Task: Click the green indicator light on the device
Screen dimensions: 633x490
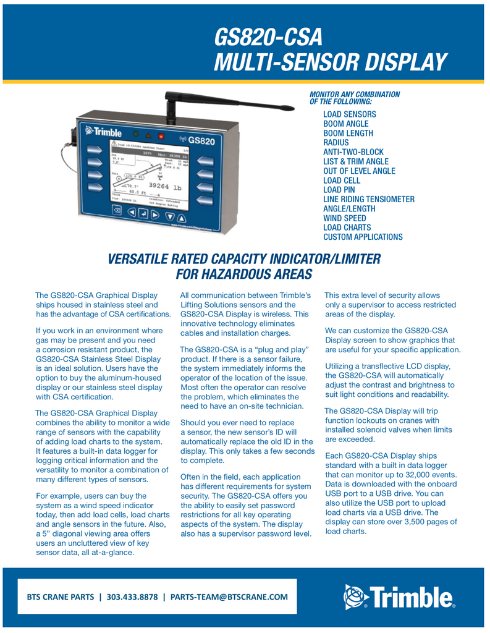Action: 135,133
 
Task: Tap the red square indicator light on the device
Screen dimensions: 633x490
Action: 161,135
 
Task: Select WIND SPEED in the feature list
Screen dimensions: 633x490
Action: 345,218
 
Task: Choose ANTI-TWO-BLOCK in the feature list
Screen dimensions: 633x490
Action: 353,152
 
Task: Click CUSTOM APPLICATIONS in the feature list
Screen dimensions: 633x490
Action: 363,237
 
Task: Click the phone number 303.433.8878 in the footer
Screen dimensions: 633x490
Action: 132,597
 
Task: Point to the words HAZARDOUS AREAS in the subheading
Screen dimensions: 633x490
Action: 244,273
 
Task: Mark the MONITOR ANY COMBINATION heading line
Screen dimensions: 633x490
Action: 354,94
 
